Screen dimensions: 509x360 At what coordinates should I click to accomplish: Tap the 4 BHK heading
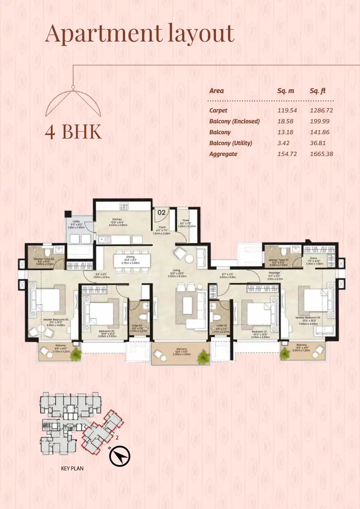pyautogui.click(x=73, y=133)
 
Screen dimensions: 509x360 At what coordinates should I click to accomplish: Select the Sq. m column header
pyautogui.click(x=285, y=91)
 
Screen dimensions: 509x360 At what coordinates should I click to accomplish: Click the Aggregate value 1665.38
pyautogui.click(x=321, y=154)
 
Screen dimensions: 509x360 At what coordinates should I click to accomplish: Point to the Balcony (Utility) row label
pyautogui.click(x=230, y=143)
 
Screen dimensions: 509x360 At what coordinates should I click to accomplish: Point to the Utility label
pyautogui.click(x=76, y=221)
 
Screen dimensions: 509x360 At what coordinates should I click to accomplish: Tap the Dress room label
pyautogui.click(x=313, y=258)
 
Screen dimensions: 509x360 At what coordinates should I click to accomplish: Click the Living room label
pyautogui.click(x=175, y=270)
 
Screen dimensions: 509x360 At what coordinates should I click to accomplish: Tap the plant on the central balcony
pyautogui.click(x=202, y=357)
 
